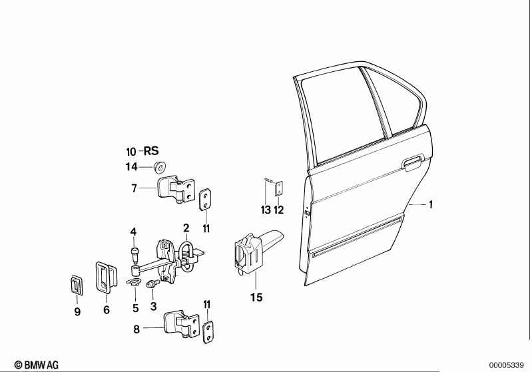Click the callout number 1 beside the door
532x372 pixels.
click(x=431, y=205)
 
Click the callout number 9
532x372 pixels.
click(x=77, y=311)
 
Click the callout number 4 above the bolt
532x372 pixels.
click(x=134, y=232)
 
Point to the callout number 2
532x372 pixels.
click(x=186, y=228)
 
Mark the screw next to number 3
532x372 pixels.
click(x=150, y=284)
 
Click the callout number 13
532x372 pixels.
click(x=266, y=210)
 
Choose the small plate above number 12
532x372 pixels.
click(x=280, y=188)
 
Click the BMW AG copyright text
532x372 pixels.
click(x=37, y=365)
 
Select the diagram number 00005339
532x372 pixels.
click(x=507, y=365)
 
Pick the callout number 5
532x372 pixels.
click(x=135, y=307)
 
